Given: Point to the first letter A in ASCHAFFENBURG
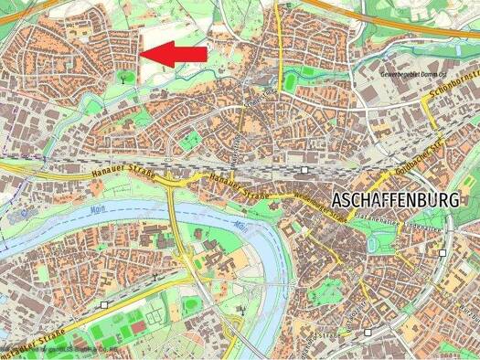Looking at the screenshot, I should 339,199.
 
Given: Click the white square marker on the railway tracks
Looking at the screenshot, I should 303,169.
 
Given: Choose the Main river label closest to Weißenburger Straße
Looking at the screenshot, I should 240,222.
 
